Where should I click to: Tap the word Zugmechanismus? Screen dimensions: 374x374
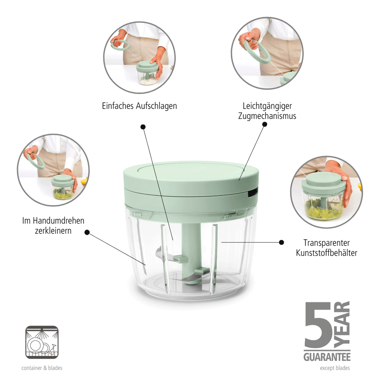267,116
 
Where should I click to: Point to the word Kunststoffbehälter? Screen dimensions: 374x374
327,253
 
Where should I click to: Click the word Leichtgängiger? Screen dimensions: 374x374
267,106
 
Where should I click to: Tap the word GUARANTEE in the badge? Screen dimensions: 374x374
327,356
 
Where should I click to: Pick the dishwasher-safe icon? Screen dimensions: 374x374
42,342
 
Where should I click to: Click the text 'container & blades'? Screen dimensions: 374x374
42,368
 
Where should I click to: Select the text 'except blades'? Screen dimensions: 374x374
335,368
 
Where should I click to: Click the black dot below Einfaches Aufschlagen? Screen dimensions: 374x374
142,127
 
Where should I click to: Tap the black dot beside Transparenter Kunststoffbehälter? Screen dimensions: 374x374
282,242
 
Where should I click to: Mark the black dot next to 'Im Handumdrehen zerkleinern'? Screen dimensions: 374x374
87,232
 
